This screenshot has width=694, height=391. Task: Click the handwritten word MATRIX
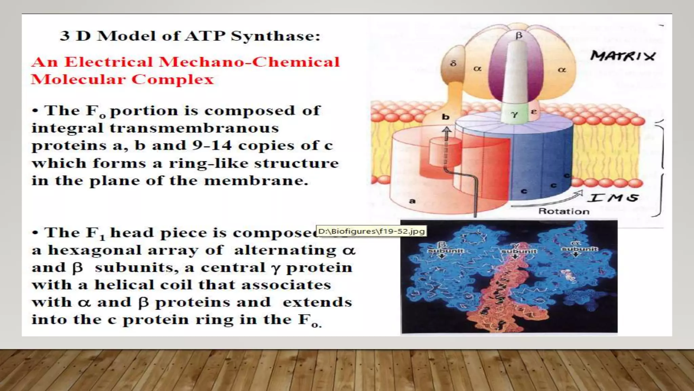coord(623,56)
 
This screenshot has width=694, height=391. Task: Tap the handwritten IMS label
coord(613,198)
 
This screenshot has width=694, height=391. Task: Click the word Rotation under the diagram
coord(564,211)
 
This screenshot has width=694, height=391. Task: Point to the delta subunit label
coord(453,63)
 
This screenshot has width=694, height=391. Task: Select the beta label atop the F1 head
coord(519,35)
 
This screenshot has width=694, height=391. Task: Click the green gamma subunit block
coord(515,114)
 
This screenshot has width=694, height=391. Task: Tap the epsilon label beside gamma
coord(534,111)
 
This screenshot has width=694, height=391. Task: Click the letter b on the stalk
coord(446,117)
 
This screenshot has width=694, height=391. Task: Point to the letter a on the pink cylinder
coord(412,201)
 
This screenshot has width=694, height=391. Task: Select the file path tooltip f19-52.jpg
coord(371,231)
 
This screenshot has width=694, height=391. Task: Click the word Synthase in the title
coord(275,36)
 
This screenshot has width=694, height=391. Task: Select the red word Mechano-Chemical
coord(249,62)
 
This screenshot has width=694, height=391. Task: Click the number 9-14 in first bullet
coord(212,146)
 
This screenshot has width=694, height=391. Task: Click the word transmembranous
coord(194,128)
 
